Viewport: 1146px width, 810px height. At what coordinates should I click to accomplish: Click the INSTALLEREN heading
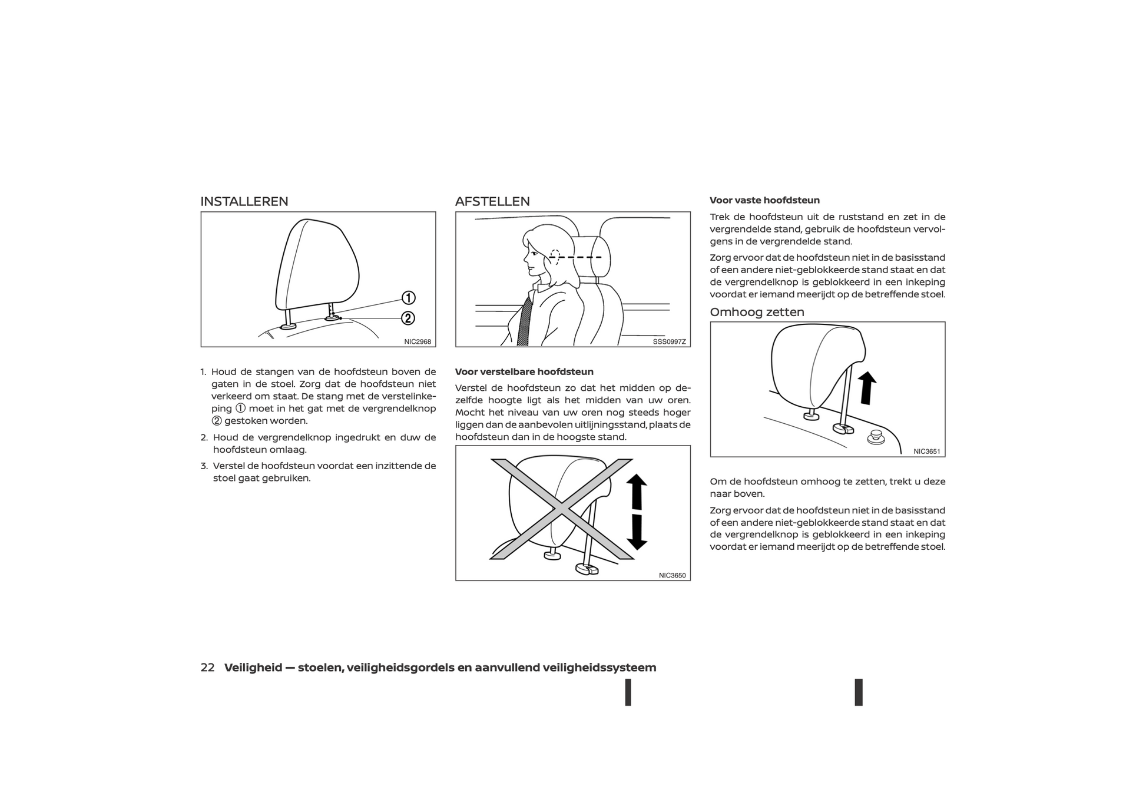tap(244, 201)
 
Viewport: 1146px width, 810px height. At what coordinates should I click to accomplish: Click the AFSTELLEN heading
tap(492, 201)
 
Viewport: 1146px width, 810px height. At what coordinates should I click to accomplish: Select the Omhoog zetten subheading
tap(757, 312)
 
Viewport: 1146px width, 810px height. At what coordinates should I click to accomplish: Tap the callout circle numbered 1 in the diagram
tap(408, 298)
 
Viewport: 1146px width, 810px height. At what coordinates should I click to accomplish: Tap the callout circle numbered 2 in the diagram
tap(408, 318)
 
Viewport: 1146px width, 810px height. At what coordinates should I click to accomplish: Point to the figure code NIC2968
tap(418, 341)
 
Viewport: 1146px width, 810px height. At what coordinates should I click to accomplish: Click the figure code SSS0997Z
tap(670, 341)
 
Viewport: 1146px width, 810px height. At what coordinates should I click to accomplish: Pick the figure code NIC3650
tap(673, 575)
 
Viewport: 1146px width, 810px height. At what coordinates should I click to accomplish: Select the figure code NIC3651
tap(927, 452)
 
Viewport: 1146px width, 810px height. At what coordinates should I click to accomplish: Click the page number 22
tap(207, 668)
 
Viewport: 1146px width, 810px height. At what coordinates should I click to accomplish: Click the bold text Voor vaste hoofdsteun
tap(764, 200)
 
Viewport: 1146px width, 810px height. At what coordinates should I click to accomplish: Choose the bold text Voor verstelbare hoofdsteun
tap(524, 372)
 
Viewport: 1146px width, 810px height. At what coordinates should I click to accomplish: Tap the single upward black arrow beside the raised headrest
tap(867, 388)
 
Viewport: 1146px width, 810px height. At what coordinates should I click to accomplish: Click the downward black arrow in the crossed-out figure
tap(637, 532)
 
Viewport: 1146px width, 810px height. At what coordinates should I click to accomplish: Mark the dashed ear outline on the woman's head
tap(554, 257)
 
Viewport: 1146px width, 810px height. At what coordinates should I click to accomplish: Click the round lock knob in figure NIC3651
tap(876, 437)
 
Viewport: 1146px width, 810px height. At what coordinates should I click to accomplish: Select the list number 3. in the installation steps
tap(204, 466)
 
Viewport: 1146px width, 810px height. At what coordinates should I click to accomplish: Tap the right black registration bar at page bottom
tap(859, 692)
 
